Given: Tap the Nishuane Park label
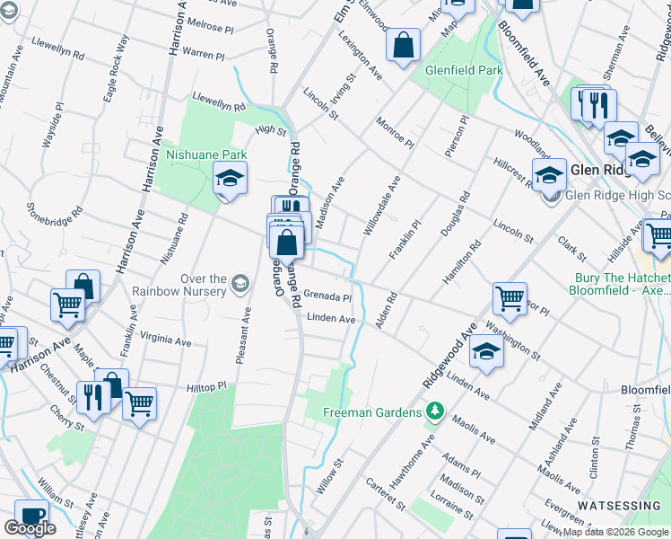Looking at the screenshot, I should (205, 155).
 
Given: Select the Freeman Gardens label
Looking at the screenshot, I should (371, 412).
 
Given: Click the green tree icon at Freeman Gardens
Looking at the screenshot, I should (435, 412).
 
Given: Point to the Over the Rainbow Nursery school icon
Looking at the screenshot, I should (239, 285).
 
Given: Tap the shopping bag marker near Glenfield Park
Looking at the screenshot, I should (405, 46).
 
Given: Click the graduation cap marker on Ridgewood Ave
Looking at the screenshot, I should (486, 352).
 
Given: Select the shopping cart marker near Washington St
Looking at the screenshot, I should (509, 300).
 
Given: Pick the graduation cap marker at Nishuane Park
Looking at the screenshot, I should (230, 179).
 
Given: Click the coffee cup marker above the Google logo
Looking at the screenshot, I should (33, 517).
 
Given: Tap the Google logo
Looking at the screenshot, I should (30, 528).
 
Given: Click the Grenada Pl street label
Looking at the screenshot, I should (327, 295).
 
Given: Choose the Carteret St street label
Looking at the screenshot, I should (386, 495).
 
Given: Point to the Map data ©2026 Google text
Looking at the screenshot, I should (614, 532).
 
